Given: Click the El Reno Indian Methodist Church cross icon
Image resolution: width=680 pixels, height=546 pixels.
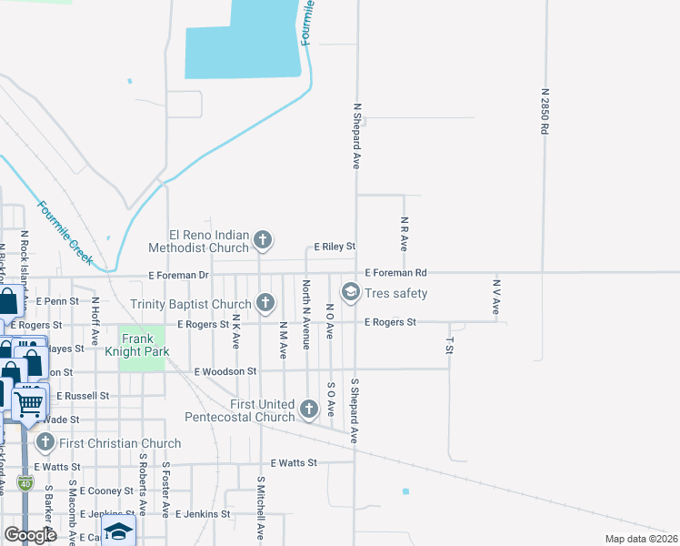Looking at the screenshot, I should (263, 240).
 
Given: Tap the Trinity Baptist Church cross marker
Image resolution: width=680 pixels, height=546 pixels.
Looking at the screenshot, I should (265, 302).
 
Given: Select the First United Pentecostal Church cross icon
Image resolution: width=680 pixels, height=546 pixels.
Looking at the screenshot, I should (309, 409).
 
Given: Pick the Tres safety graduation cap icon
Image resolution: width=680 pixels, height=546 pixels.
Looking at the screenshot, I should (350, 292).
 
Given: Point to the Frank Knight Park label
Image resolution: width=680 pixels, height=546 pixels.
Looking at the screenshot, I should (142, 344).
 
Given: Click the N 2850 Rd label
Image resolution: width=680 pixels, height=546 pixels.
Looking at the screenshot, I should (545, 112).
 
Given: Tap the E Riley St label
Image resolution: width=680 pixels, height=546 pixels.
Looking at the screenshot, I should (335, 246).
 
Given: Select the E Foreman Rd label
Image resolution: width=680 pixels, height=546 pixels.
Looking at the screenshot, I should (395, 272).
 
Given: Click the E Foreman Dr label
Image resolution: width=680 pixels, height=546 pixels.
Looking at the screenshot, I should (179, 275).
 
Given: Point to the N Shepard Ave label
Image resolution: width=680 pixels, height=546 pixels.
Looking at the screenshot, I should (356, 135).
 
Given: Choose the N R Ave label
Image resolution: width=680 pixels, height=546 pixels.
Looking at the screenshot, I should (404, 234).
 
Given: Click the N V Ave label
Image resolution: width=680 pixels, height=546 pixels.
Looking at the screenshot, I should (496, 297).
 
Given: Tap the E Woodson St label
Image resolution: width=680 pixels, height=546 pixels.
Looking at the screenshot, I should (226, 371).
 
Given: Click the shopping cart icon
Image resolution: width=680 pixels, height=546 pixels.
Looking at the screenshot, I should (30, 402).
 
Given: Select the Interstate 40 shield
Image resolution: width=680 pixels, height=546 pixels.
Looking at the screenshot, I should (26, 482).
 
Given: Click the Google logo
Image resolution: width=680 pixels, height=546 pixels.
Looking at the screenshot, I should (30, 534).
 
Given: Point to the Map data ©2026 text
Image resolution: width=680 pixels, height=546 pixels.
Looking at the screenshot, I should (640, 539).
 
